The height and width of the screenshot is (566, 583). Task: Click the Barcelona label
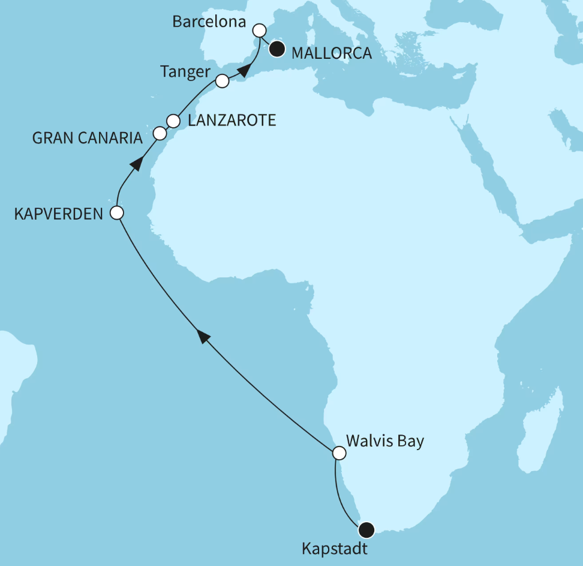coord(209,23)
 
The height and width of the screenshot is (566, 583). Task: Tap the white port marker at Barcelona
coord(260,29)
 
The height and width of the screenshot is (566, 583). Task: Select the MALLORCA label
coord(331,53)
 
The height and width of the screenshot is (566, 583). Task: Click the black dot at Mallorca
coord(277,49)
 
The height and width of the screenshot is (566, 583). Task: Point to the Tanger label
coord(185,72)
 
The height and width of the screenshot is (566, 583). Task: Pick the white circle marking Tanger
coord(222,80)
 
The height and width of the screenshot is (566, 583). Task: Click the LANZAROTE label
coord(232,121)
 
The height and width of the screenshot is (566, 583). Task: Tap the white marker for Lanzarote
coord(173,121)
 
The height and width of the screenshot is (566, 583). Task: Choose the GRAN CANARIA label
coord(88,138)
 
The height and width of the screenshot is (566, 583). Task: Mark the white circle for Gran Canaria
coord(160,133)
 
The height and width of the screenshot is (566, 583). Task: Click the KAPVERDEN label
coord(59,213)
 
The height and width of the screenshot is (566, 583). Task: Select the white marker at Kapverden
coord(117,212)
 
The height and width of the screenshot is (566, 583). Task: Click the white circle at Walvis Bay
coord(339,453)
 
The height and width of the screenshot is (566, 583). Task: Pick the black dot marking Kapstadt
coord(366,529)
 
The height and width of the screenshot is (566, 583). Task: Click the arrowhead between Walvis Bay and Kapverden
coord(205,337)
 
